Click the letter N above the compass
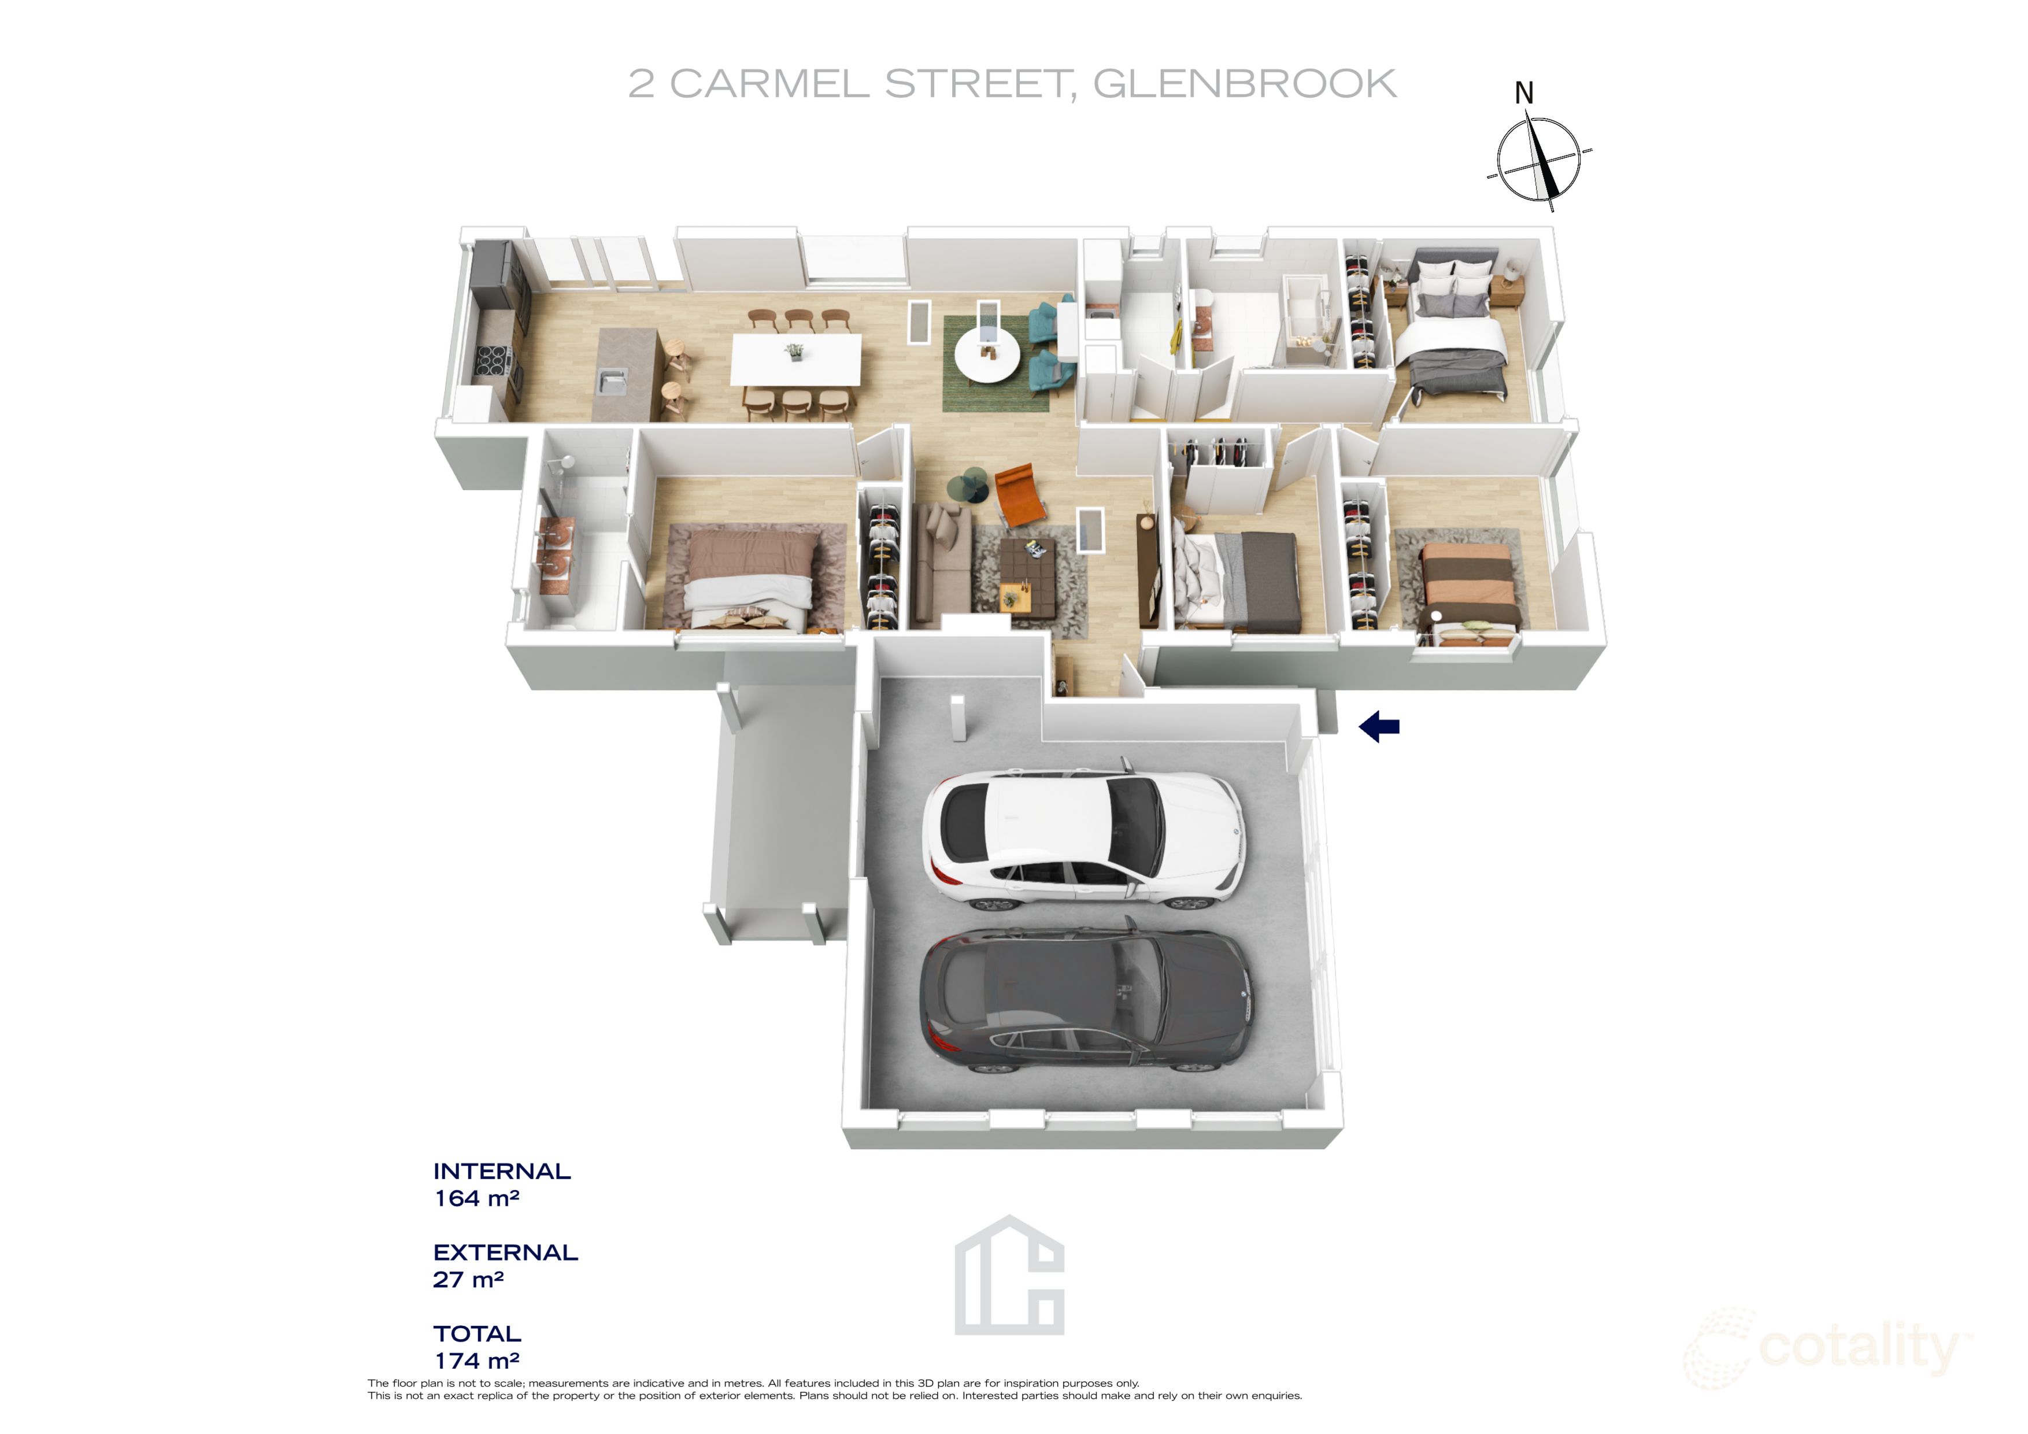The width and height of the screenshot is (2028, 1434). coord(1524,93)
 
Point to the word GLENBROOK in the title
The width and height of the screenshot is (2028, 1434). coord(1245,84)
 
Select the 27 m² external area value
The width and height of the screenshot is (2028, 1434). coord(468,1280)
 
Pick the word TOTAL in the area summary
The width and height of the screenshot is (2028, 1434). coord(477,1333)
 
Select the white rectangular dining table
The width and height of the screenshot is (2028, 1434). coord(795,358)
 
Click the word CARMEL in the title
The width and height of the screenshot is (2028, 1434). coord(769,84)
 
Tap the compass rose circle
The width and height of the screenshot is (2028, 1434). coord(1538,159)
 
